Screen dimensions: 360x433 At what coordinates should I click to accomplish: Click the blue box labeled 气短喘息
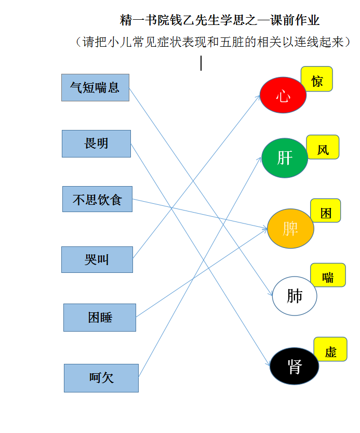95,87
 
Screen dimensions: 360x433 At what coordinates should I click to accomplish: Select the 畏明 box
96,143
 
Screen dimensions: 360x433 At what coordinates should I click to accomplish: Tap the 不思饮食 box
97,199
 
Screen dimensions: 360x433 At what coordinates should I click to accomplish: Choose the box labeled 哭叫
97,259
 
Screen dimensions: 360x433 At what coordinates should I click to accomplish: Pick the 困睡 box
100,318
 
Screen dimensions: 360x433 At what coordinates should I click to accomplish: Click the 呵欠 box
101,378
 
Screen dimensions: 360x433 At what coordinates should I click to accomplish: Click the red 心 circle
283,95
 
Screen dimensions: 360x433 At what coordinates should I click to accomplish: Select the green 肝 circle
285,158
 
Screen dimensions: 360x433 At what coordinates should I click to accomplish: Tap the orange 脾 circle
290,228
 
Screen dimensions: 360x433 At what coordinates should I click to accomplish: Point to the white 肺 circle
295,296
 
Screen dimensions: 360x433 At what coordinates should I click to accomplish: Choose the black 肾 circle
295,366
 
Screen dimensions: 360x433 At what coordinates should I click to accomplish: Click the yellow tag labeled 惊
317,78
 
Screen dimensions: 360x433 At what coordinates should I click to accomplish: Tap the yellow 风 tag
323,147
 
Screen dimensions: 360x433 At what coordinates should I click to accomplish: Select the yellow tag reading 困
326,211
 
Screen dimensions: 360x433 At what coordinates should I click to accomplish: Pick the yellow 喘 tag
328,275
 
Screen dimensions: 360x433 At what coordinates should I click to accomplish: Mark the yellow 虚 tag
330,349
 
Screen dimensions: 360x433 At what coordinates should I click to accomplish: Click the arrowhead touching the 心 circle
258,98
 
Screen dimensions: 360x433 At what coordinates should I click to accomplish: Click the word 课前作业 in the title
295,20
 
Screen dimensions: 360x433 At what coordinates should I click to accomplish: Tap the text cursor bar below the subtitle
201,63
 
